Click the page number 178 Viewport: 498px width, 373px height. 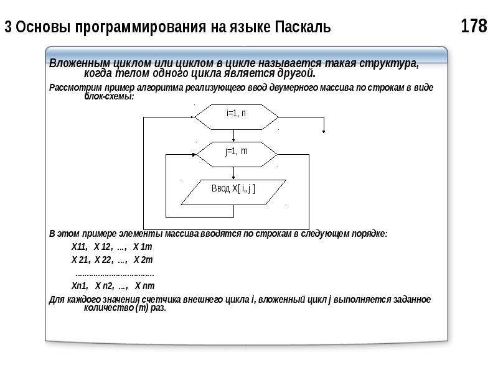click(474, 26)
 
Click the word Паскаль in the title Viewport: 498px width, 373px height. click(303, 27)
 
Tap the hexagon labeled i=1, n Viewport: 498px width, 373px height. click(237, 117)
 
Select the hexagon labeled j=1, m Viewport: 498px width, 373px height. click(237, 154)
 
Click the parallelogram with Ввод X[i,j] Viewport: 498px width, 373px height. click(233, 192)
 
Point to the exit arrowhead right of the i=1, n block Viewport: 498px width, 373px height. click(324, 131)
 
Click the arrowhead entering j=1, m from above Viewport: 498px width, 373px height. click(234, 140)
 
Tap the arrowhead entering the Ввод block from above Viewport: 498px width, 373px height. click(234, 178)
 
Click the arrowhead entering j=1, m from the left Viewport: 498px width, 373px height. click(194, 155)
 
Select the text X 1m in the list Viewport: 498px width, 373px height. click(143, 247)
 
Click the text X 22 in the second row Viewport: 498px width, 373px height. click(103, 260)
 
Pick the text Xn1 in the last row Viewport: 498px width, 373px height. click(80, 286)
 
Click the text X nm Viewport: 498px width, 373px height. click(145, 286)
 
